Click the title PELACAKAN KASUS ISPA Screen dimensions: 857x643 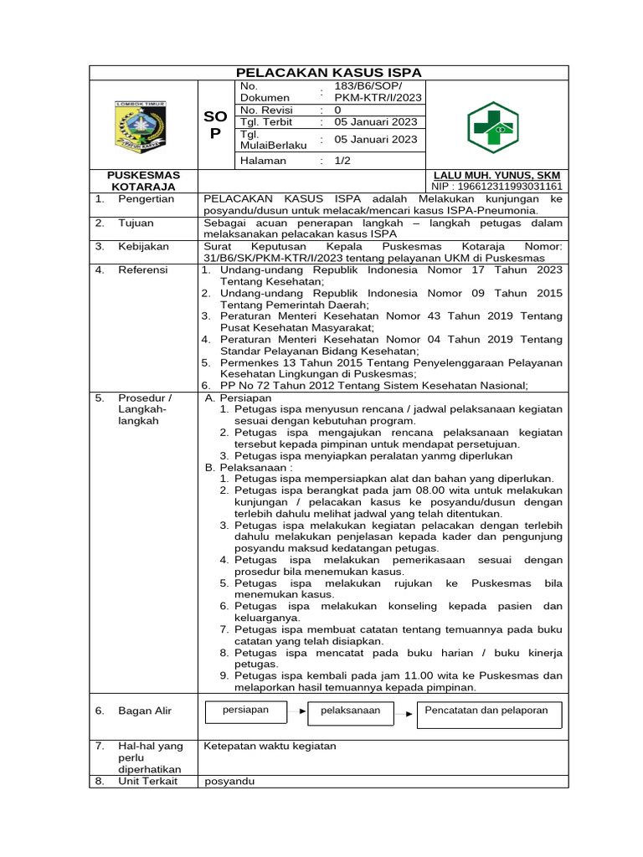click(329, 72)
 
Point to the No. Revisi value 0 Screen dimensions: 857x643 click(337, 110)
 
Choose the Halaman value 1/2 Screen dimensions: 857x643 click(342, 160)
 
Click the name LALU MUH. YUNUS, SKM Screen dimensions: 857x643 click(496, 175)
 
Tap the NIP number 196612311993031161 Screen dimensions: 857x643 click(496, 187)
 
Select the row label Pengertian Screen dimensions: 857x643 click(146, 199)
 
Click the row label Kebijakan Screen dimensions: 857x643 click(143, 247)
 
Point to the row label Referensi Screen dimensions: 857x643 click(142, 270)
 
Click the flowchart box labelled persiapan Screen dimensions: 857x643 click(245, 711)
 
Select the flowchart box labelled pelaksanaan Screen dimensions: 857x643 click(350, 711)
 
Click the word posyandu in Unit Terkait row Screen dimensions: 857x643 click(229, 781)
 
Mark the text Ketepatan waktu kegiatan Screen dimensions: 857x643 click(270, 746)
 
